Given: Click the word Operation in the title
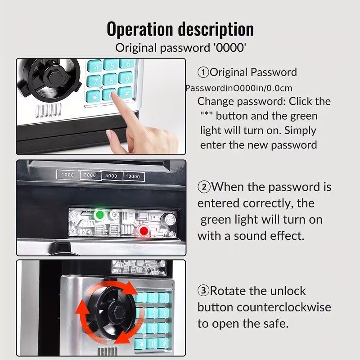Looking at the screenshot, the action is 139,29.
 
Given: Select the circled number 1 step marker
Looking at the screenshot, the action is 203,72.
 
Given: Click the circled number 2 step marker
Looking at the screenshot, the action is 204,187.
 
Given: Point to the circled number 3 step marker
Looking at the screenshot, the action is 203,291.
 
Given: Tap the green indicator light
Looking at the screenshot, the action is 99,215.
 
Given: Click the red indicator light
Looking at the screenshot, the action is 144,230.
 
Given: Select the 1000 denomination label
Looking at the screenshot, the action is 68,175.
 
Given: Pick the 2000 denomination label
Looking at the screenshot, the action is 90,175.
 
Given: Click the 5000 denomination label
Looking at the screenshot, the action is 112,175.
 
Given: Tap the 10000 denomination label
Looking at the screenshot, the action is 133,176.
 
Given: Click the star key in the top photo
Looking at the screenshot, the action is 94,97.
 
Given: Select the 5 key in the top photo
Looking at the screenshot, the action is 111,65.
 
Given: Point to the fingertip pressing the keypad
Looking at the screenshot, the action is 113,95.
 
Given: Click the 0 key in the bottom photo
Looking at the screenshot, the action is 152,344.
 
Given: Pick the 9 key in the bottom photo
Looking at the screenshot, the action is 164,328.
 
